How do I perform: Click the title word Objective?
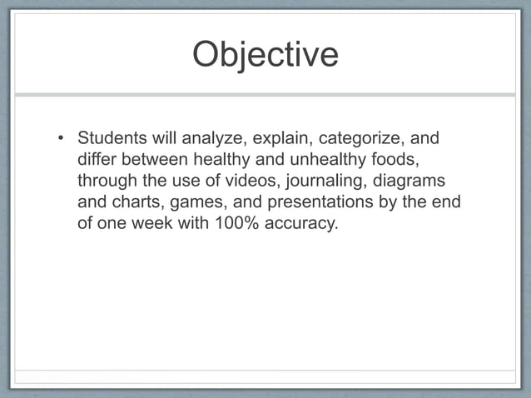pyautogui.click(x=265, y=55)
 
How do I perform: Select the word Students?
pyautogui.click(x=110, y=137)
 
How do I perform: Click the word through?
pyautogui.click(x=108, y=181)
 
